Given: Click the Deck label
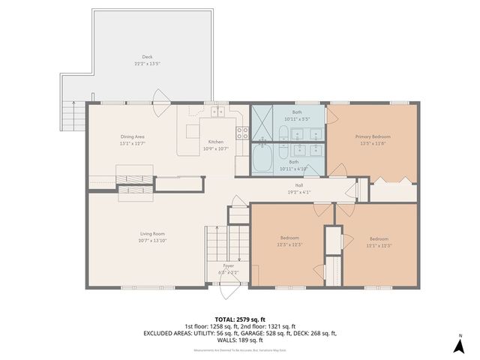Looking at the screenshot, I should coord(146,56).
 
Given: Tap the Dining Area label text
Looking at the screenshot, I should coord(132,136).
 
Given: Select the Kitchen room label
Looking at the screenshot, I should coord(215,142).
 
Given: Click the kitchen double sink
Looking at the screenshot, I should coord(218,112).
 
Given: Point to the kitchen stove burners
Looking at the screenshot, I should coord(242,133).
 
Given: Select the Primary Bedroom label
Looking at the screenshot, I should coord(373,136).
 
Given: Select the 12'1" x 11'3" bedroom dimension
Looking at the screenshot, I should coord(379,244).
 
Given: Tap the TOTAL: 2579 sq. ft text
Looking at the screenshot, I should coord(240,319).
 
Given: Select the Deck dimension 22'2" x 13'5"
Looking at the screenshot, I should coord(146,63).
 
